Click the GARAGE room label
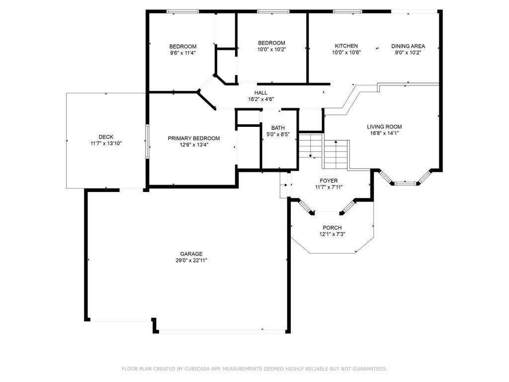[191, 254]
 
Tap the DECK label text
[106, 137]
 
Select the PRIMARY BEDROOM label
[194, 138]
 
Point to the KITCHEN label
[346, 46]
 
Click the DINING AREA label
[408, 46]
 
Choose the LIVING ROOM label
[384, 127]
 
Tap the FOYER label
[329, 181]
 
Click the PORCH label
[332, 228]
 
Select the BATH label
[278, 128]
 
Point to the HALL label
[261, 93]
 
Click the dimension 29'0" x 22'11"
[191, 260]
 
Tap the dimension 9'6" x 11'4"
[183, 53]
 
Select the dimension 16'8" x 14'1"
[384, 133]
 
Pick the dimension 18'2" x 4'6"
[261, 99]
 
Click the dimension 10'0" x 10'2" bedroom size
[272, 49]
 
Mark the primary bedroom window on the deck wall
[147, 142]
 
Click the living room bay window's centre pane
[406, 184]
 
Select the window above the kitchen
[347, 11]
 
